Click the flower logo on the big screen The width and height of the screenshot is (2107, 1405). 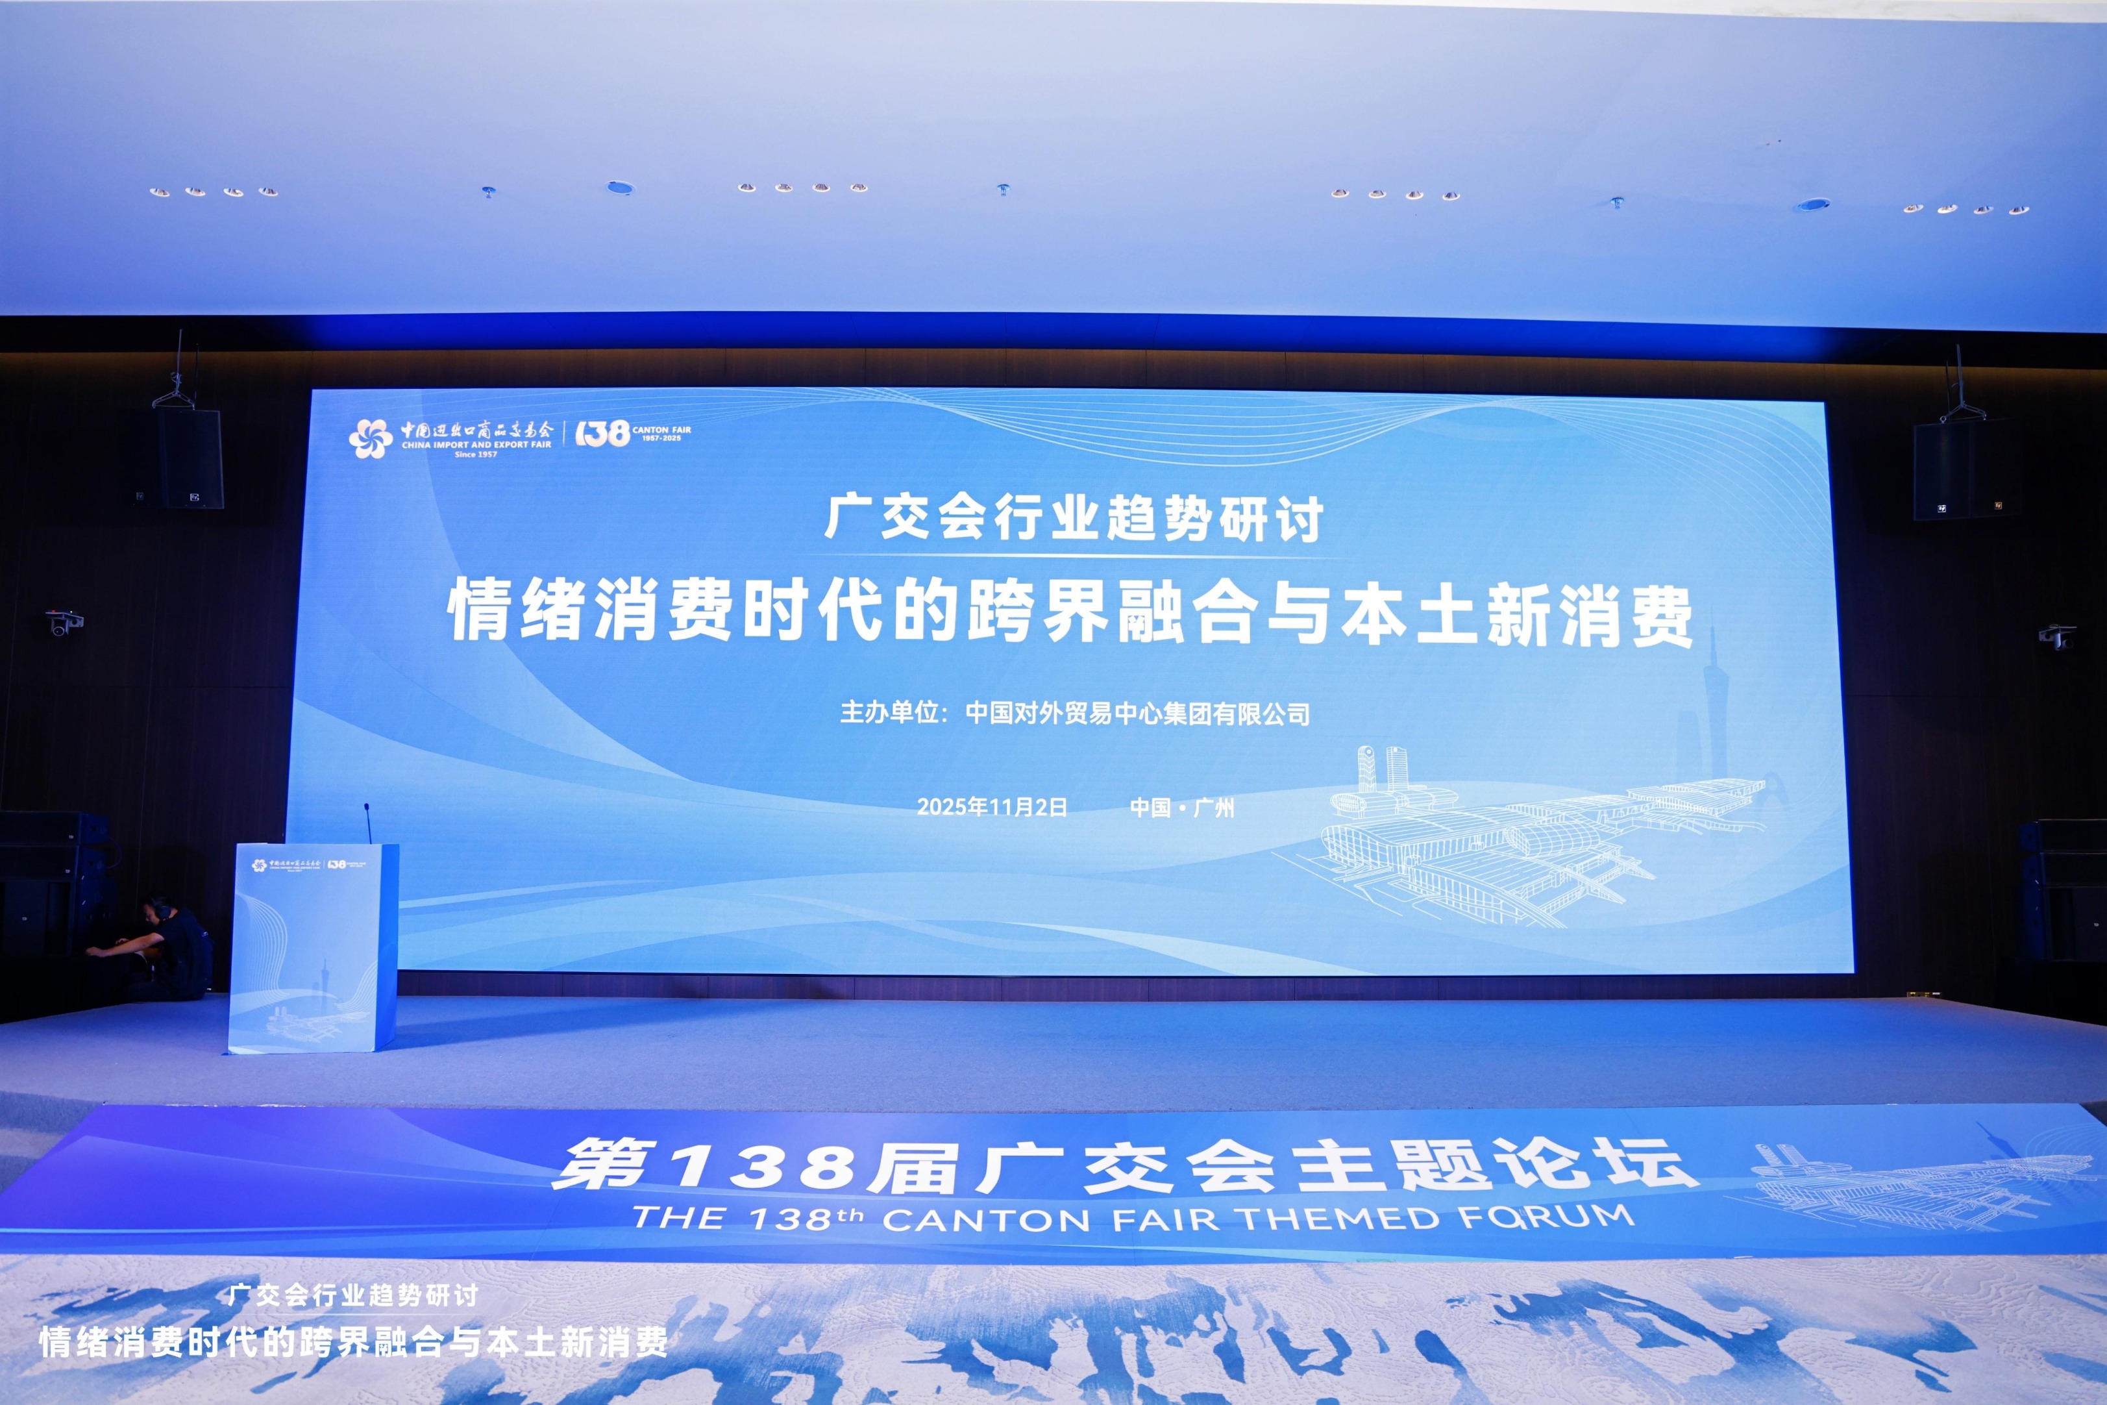[x=370, y=439]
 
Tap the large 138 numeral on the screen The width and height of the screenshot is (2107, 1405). [x=601, y=434]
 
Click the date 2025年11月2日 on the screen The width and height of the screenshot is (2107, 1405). [x=992, y=807]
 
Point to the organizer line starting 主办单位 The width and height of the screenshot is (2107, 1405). [x=1074, y=714]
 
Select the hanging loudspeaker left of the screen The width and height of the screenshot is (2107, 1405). [x=190, y=459]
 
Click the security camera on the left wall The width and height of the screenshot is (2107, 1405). [x=64, y=622]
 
